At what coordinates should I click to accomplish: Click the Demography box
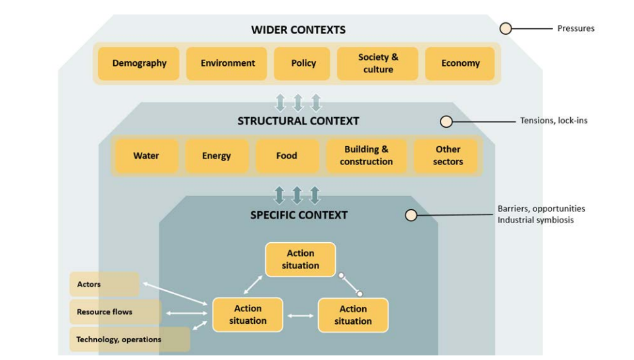(x=139, y=64)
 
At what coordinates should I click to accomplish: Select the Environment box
(x=227, y=64)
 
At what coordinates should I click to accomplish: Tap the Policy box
(x=303, y=64)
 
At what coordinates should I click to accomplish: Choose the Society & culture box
(x=378, y=64)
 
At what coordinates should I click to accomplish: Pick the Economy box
(x=460, y=64)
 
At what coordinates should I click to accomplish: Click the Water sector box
(x=146, y=156)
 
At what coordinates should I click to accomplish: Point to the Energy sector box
(x=217, y=156)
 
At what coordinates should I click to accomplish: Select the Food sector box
(x=286, y=156)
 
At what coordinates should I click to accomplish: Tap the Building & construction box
(x=366, y=156)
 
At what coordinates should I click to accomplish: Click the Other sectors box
(x=448, y=156)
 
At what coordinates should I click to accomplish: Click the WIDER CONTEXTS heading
(x=298, y=30)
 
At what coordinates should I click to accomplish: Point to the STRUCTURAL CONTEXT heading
(x=298, y=121)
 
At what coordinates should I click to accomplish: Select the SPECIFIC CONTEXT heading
(x=299, y=215)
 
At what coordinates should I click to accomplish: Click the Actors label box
(x=104, y=284)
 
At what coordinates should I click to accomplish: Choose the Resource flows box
(x=115, y=312)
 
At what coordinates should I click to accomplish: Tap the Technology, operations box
(x=129, y=340)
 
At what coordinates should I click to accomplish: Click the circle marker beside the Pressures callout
(x=506, y=28)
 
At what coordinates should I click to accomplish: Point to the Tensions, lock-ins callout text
(x=554, y=120)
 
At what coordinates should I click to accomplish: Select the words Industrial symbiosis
(x=535, y=220)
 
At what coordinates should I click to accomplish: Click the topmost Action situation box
(x=300, y=259)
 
